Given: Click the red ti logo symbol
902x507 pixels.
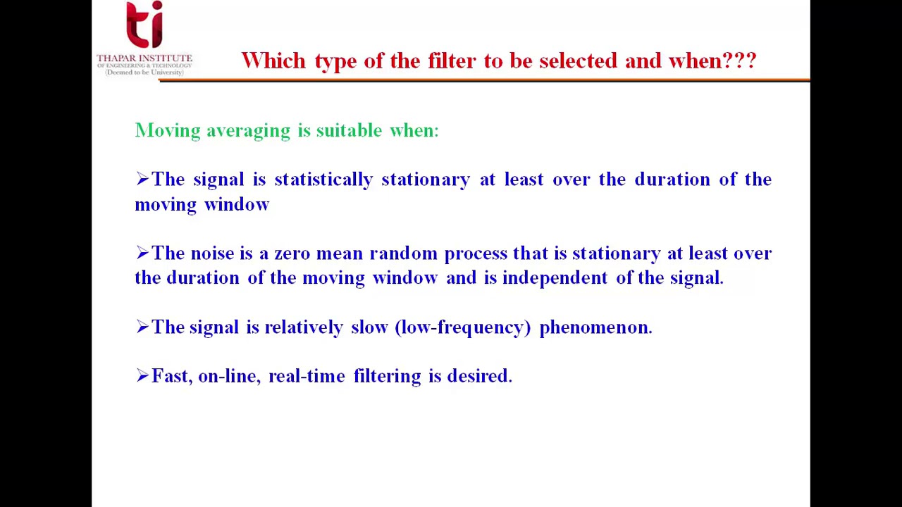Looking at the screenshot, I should click(144, 25).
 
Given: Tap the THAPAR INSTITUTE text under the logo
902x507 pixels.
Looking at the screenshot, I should click(144, 58).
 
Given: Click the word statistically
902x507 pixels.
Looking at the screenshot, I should click(323, 180).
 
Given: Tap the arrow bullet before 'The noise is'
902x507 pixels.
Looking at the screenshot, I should click(142, 253).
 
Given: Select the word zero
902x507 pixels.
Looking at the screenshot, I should click(292, 254).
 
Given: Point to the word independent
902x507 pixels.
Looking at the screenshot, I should click(555, 278).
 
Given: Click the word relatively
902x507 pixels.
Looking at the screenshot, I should click(304, 327).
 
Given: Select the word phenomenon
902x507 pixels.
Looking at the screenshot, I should click(595, 327).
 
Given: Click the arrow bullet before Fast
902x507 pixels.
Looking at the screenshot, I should click(142, 376).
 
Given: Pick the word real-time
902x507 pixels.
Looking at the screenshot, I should click(307, 376).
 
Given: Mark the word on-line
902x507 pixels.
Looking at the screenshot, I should click(228, 376).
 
